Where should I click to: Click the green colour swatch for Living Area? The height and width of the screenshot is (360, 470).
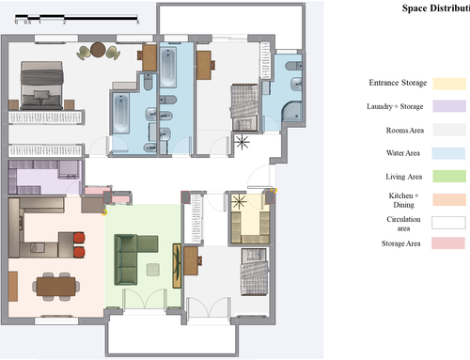[449, 176]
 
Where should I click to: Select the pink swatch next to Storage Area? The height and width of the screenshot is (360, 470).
[448, 243]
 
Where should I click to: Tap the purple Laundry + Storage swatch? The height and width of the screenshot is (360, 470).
[449, 106]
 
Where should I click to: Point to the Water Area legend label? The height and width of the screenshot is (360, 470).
[403, 153]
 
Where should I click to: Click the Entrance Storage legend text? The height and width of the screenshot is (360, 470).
[398, 83]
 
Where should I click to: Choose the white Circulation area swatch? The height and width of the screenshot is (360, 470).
[448, 223]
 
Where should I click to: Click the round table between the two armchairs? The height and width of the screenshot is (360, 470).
[98, 50]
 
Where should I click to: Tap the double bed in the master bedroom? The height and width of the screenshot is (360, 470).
[42, 86]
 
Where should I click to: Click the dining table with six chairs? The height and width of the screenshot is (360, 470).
[55, 287]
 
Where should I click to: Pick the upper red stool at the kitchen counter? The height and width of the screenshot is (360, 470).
[79, 238]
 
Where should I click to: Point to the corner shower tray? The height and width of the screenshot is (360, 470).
[291, 112]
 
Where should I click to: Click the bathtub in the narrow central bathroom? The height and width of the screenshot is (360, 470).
[168, 68]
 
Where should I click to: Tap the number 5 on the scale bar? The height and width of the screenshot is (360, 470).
[137, 23]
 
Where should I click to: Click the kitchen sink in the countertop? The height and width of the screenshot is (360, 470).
[37, 248]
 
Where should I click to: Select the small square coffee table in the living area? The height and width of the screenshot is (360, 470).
[153, 270]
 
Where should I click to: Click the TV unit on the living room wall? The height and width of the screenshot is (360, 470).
[177, 266]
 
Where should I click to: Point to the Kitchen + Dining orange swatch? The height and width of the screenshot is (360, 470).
[449, 199]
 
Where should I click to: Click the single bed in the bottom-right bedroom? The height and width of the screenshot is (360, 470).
[255, 272]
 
